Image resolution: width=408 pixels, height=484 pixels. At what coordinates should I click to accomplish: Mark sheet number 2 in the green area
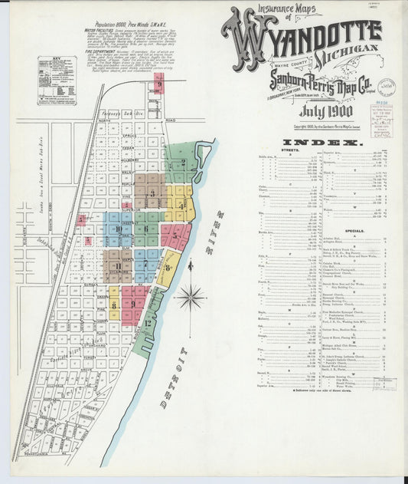(184, 163)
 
